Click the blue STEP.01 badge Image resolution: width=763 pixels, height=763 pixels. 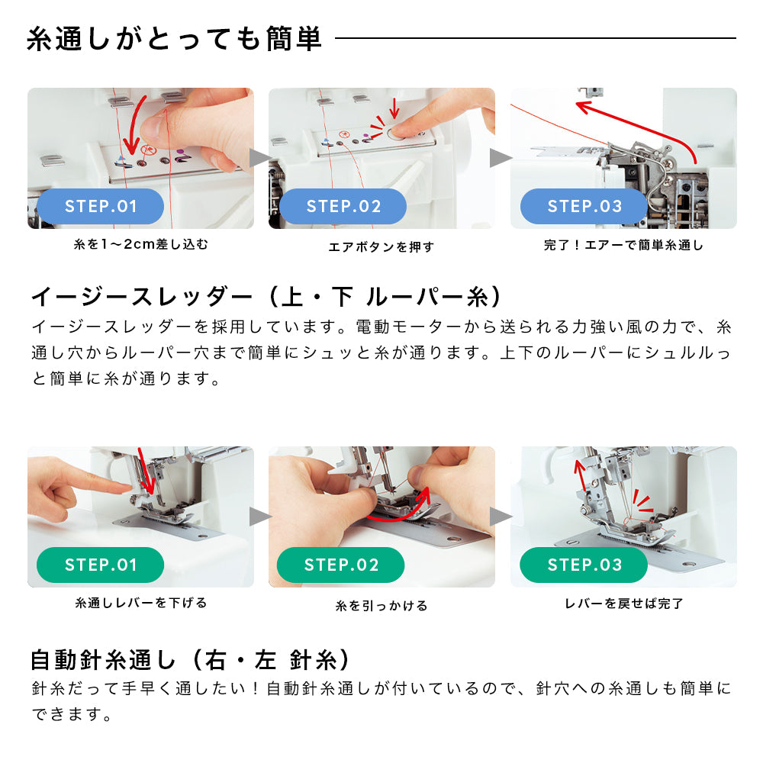pyautogui.click(x=100, y=206)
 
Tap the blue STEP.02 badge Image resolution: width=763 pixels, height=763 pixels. pyautogui.click(x=343, y=206)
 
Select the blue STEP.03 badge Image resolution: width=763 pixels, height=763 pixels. pyautogui.click(x=584, y=206)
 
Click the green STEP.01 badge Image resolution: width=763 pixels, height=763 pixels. pyautogui.click(x=100, y=565)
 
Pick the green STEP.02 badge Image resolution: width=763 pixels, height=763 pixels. pyautogui.click(x=340, y=565)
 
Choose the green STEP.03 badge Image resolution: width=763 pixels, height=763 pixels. pyautogui.click(x=584, y=565)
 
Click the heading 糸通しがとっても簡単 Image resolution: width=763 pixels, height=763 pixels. pyautogui.click(x=174, y=39)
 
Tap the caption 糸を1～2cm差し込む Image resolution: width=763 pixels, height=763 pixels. pyautogui.click(x=141, y=244)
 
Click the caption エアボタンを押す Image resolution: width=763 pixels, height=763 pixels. pyautogui.click(x=381, y=247)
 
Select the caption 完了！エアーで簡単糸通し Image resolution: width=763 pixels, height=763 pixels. pyautogui.click(x=624, y=245)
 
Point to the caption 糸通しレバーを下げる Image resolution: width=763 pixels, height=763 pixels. pyautogui.click(x=141, y=604)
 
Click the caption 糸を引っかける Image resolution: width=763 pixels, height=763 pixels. pyautogui.click(x=381, y=606)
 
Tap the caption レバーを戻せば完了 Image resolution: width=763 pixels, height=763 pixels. pyautogui.click(x=624, y=604)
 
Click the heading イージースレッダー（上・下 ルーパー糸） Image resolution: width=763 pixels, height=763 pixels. pyautogui.click(x=266, y=296)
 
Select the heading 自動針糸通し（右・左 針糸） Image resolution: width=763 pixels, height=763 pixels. pyautogui.click(x=190, y=660)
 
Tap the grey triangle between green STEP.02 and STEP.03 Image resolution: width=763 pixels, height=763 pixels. pyautogui.click(x=501, y=517)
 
